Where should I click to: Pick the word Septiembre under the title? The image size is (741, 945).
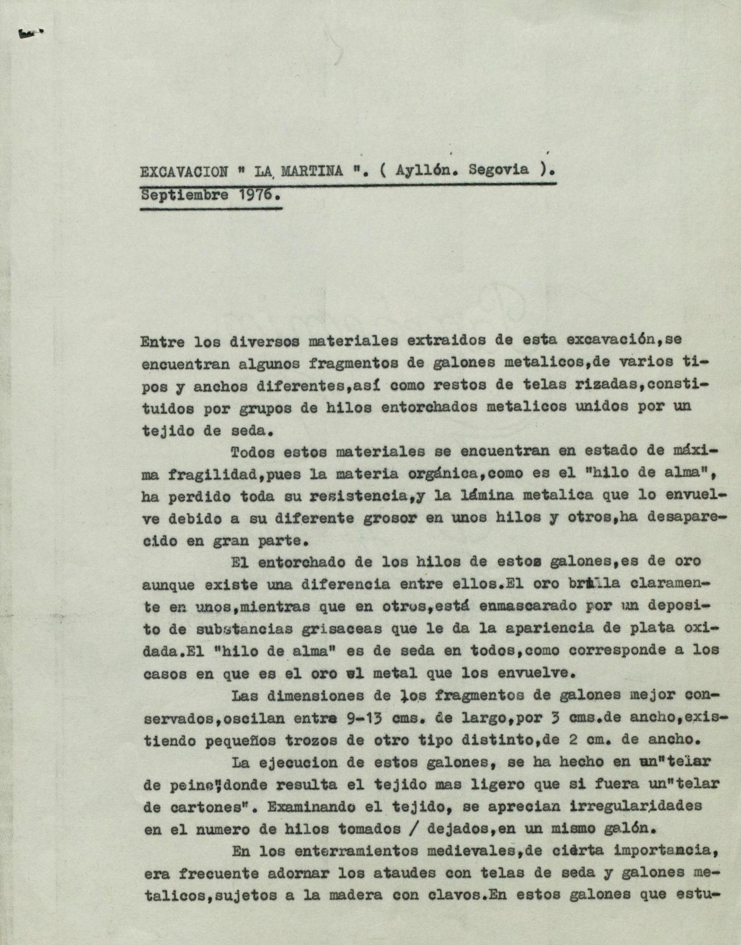pyautogui.click(x=185, y=195)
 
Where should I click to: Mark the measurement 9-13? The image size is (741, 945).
pyautogui.click(x=368, y=718)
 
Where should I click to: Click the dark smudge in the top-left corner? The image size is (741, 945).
pyautogui.click(x=31, y=32)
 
